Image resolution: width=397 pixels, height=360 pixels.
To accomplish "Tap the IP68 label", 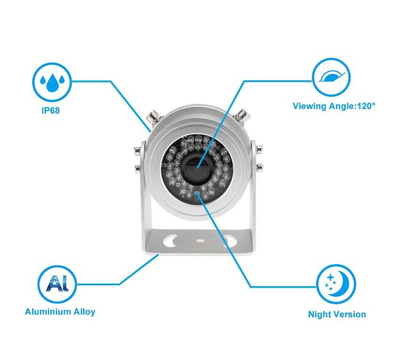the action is pos(51,111).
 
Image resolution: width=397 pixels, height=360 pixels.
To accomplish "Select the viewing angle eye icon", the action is pos(331,77).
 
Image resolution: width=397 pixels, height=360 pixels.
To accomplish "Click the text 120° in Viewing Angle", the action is pos(366,106).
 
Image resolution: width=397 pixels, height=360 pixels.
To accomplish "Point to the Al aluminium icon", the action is pos(57,284).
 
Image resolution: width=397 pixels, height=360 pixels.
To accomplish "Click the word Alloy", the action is pos(84,312).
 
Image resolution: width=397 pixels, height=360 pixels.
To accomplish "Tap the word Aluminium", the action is pos(48,312).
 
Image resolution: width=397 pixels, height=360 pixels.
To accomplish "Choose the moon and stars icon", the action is pos(336,284).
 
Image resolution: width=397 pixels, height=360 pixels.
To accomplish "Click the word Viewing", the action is pos(310,106).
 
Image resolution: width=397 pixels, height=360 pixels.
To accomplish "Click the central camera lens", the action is pos(197,167).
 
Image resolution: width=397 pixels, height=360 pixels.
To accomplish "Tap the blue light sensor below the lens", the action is pos(197,193).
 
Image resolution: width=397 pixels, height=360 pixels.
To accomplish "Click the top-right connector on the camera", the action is pos(242,115).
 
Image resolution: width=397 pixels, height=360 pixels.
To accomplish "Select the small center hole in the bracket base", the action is pos(200,240).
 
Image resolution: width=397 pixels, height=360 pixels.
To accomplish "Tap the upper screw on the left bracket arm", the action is pos(138,150).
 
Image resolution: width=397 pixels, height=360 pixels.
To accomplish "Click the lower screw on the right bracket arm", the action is pos(259,167).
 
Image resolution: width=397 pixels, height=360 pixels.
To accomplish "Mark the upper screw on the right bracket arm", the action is pos(259,149).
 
